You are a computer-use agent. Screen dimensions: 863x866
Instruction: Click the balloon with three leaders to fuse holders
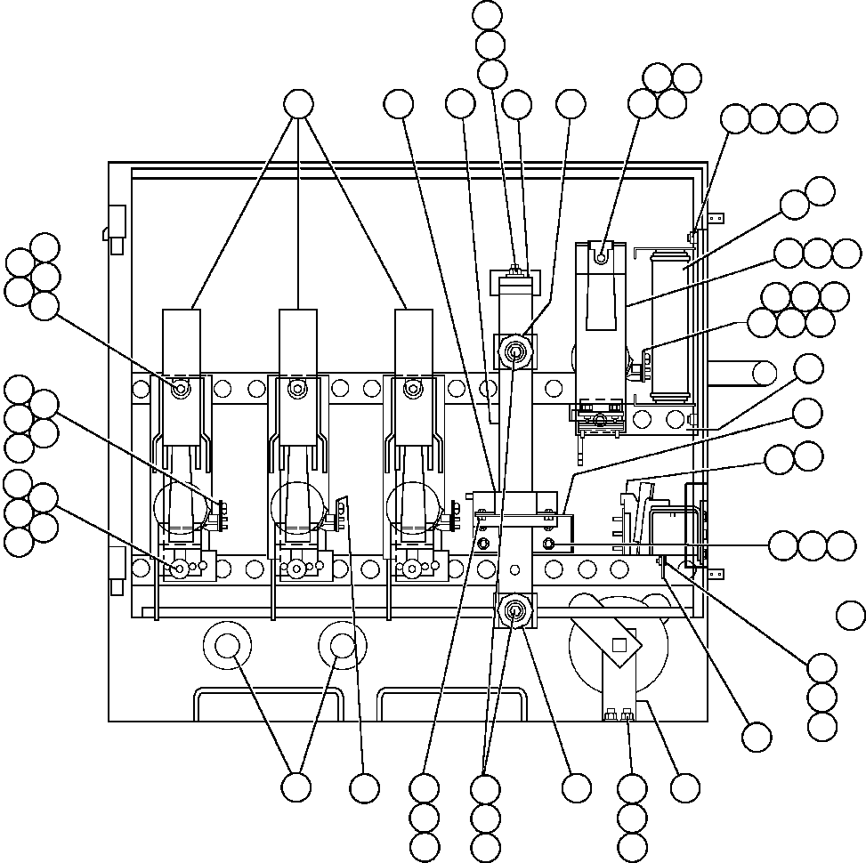coord(298,105)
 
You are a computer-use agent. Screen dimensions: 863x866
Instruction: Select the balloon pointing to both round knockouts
coord(296,786)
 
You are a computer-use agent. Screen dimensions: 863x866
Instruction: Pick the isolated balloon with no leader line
coord(851,614)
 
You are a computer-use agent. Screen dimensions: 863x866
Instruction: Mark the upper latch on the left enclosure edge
coord(115,222)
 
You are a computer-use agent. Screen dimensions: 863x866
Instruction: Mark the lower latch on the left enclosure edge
coord(115,569)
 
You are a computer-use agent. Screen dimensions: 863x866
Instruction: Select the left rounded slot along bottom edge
coord(267,704)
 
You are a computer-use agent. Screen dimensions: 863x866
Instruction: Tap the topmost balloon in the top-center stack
coord(489,15)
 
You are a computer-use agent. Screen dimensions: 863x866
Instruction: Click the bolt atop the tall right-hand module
coord(602,257)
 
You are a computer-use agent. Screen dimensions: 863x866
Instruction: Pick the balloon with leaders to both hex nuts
coord(485,787)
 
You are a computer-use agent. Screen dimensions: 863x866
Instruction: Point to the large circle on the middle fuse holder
coord(296,509)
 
